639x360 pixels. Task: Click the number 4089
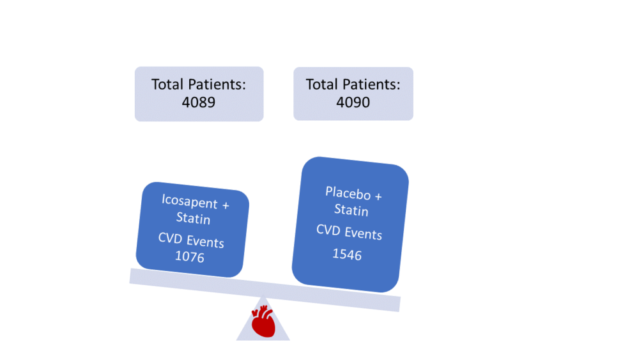click(198, 102)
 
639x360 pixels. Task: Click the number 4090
click(353, 102)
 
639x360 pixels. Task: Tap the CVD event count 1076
click(189, 257)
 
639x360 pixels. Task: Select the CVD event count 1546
click(347, 254)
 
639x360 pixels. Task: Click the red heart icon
click(263, 321)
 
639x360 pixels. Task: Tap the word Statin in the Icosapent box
click(193, 219)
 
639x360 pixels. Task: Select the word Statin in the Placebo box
click(351, 210)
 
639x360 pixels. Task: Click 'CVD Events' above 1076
click(191, 241)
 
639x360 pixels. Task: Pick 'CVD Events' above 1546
click(349, 232)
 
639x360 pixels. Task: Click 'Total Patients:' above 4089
click(198, 84)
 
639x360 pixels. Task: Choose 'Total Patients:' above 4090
click(353, 84)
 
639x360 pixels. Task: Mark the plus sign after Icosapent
click(224, 205)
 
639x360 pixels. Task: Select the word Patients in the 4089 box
click(215, 84)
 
